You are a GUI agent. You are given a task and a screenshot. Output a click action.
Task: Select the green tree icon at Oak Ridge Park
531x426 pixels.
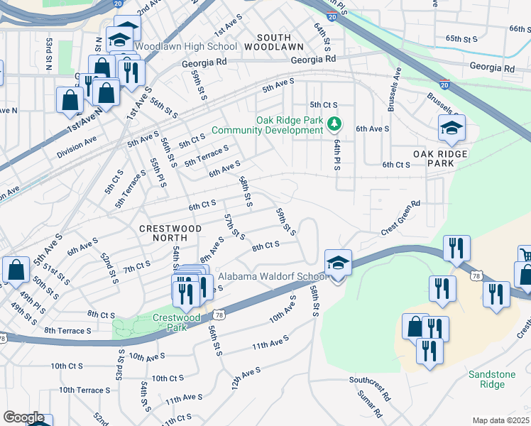pyautogui.click(x=334, y=125)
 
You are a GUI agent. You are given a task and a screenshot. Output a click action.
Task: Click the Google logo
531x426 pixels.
pyautogui.click(x=23, y=417)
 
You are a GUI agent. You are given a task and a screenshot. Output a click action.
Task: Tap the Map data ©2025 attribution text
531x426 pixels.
pyautogui.click(x=500, y=420)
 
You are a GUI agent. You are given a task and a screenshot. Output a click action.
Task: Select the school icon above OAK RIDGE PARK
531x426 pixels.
pyautogui.click(x=451, y=128)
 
